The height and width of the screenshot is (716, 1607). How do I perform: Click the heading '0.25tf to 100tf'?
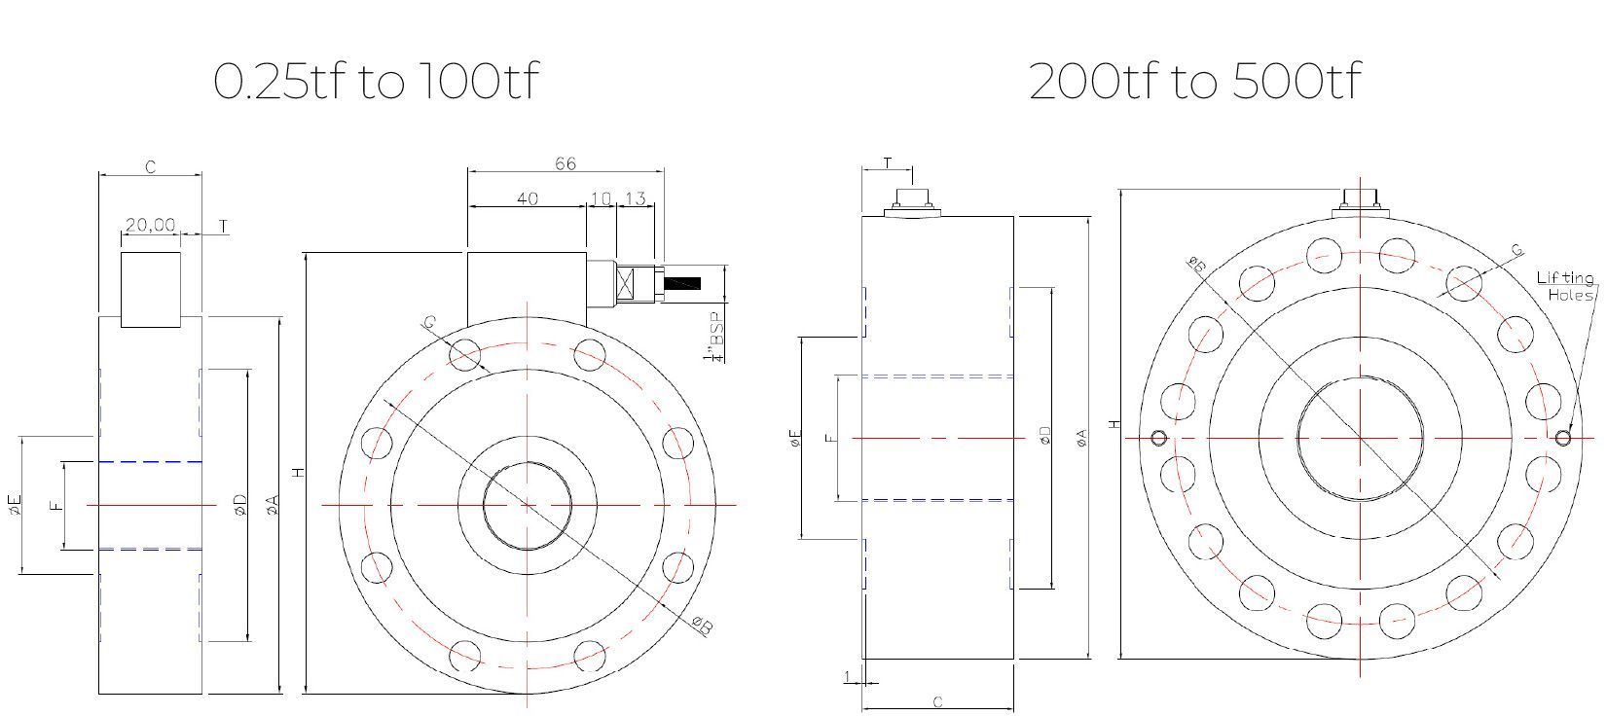pyautogui.click(x=375, y=81)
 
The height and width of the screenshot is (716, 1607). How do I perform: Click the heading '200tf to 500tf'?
pyautogui.click(x=1194, y=81)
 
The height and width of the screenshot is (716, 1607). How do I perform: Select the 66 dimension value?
pyautogui.click(x=566, y=162)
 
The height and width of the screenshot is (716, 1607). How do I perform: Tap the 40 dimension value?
pyautogui.click(x=527, y=198)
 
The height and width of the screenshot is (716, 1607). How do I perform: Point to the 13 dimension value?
pyautogui.click(x=635, y=198)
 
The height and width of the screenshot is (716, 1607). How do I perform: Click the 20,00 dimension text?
pyautogui.click(x=150, y=225)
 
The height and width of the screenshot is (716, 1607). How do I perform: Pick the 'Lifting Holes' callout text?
pyautogui.click(x=1565, y=286)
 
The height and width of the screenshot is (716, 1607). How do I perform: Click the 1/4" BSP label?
pyautogui.click(x=718, y=337)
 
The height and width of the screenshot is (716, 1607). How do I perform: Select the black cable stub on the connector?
pyautogui.click(x=682, y=283)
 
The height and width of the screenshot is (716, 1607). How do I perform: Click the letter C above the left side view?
pyautogui.click(x=151, y=167)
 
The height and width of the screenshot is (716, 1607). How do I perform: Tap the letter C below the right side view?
pyautogui.click(x=937, y=701)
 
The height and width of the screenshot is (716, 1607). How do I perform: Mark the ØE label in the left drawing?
pyautogui.click(x=14, y=504)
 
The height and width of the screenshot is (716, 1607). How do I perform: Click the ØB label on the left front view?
pyautogui.click(x=702, y=626)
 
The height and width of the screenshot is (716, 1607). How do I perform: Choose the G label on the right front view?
pyautogui.click(x=1516, y=250)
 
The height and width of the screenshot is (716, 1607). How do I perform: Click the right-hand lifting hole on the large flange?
pyautogui.click(x=1562, y=438)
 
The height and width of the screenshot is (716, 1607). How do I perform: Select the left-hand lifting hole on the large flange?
pyautogui.click(x=1158, y=438)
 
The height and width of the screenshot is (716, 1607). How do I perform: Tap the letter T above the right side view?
pyautogui.click(x=888, y=162)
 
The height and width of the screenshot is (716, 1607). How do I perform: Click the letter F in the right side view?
pyautogui.click(x=829, y=438)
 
